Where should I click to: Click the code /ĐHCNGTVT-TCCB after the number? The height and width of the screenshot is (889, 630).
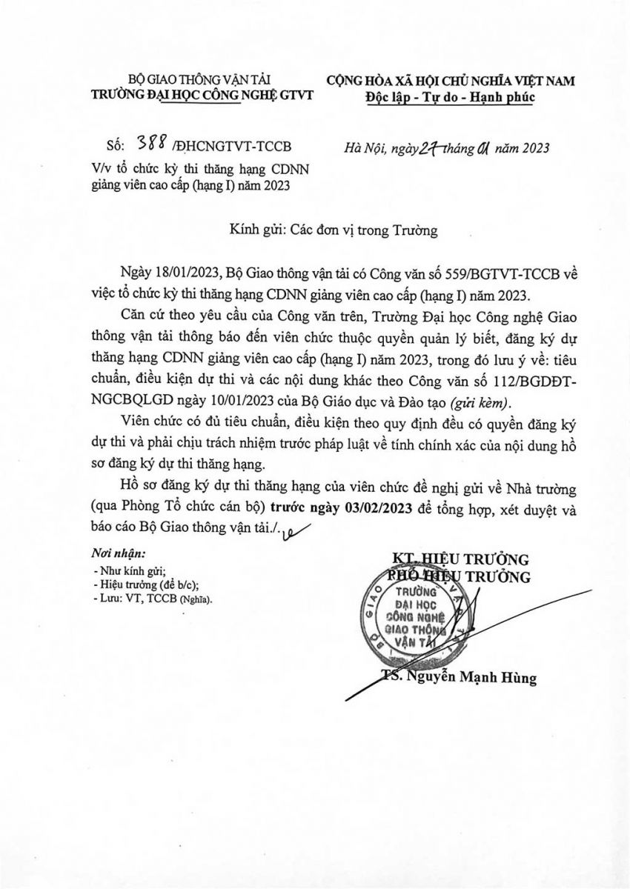click(237, 147)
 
